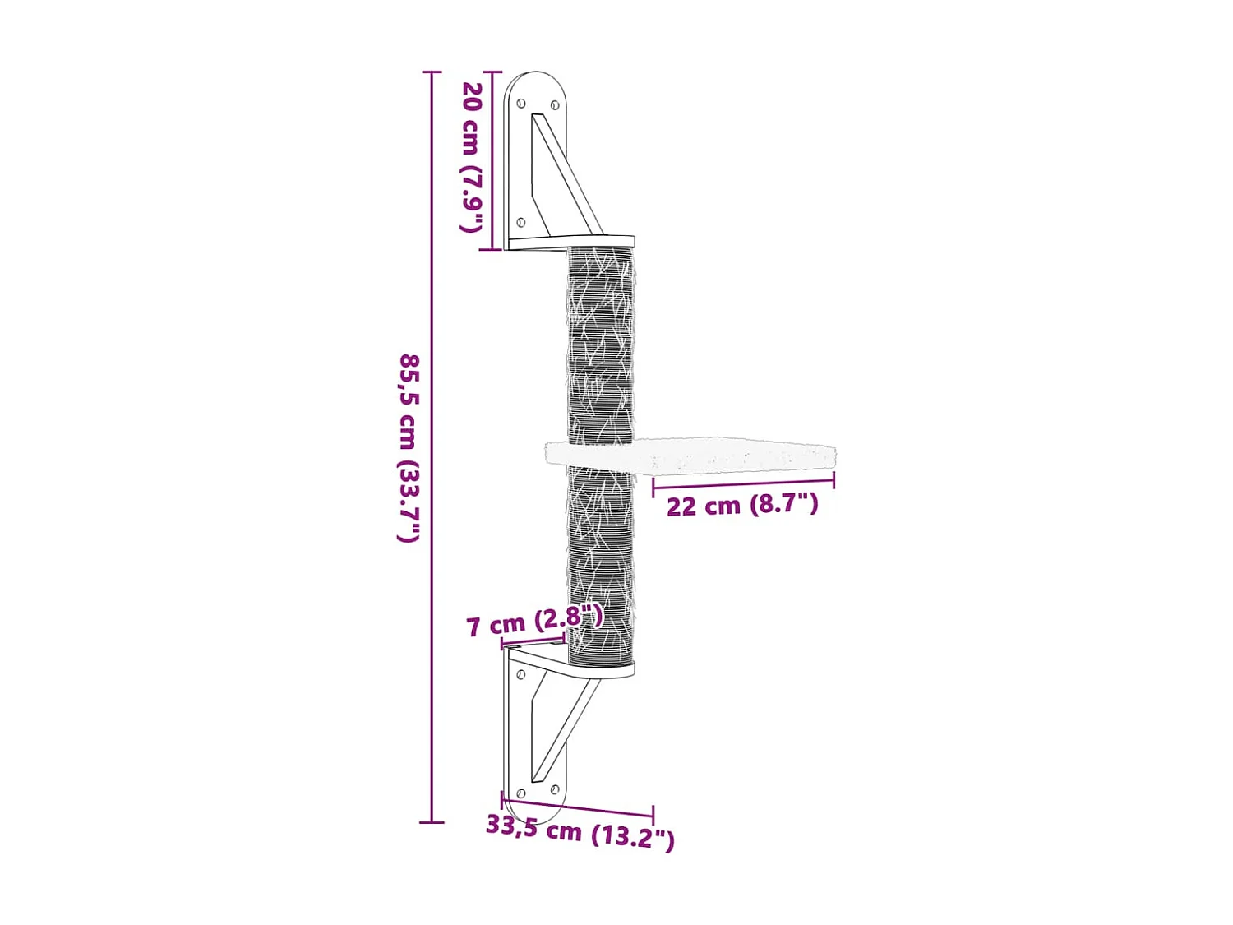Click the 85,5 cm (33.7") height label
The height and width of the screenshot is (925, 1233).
409,448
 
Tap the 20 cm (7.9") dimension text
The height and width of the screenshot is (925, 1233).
471,156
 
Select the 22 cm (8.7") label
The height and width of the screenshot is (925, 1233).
742,505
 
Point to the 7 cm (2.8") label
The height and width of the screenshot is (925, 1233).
534,622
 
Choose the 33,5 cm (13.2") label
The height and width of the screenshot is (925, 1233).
580,831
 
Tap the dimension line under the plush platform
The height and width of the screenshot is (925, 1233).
743,484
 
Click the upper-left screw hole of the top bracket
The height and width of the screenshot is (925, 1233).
521,104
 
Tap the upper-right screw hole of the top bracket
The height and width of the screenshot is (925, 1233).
555,105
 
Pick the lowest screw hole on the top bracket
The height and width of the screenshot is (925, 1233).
520,222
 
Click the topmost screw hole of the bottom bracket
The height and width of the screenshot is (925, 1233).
520,674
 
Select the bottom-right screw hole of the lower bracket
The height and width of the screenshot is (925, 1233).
556,790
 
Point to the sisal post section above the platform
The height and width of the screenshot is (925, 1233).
600,345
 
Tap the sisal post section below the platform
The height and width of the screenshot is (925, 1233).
600,559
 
